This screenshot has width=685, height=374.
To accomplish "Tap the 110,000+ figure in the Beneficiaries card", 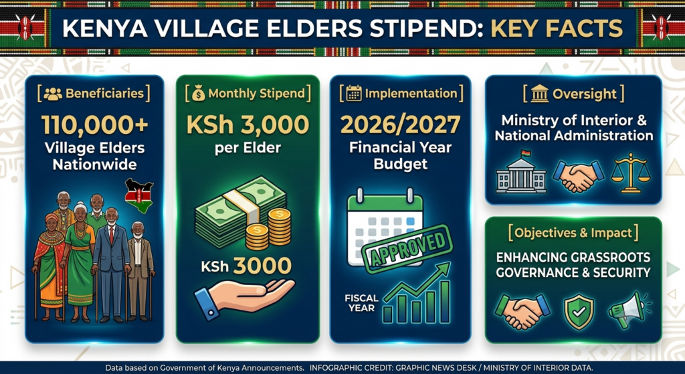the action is (95, 125).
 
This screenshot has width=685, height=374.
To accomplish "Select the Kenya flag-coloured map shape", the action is (138, 195).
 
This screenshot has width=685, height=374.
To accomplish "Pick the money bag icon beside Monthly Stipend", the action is (198, 93).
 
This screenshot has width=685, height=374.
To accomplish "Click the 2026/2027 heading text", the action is (400, 125).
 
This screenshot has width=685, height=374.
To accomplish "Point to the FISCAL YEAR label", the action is (361, 303).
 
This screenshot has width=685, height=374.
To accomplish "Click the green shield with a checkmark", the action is (579, 312).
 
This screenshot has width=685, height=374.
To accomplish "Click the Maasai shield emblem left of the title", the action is (26, 27).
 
